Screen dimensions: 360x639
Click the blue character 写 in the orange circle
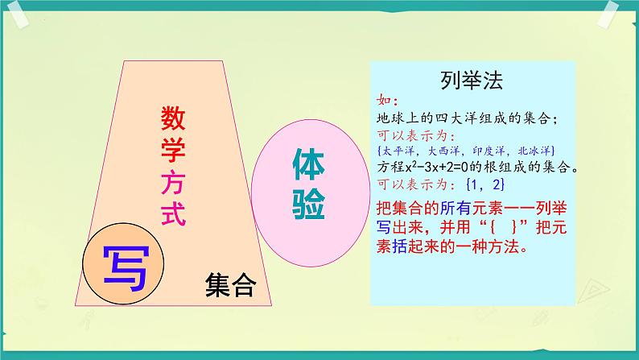[124, 265]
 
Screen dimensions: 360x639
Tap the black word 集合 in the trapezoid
[230, 285]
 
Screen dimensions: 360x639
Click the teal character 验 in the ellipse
[306, 208]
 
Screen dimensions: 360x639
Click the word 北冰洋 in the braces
[534, 151]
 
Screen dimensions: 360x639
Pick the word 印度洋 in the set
[489, 151]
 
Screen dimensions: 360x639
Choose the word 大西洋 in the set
[444, 151]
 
